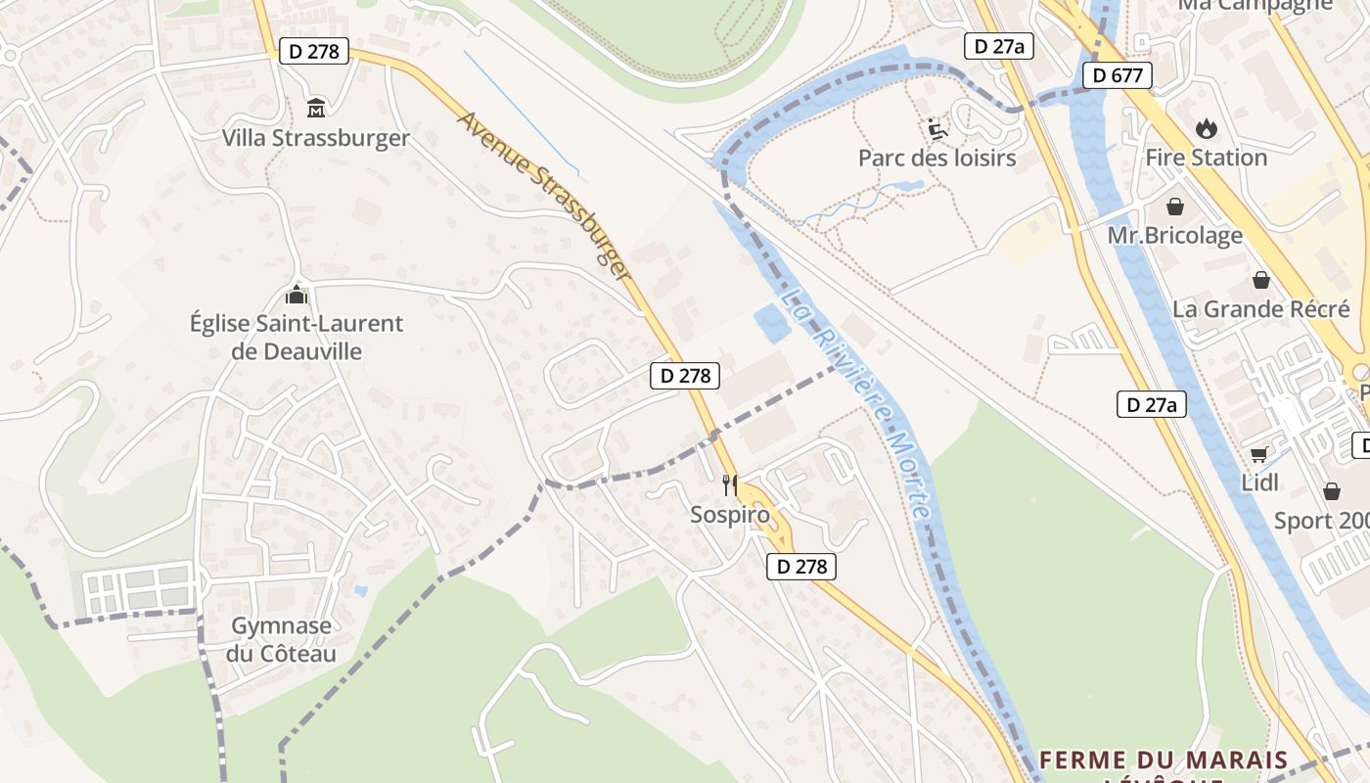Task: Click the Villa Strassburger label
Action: pos(315,138)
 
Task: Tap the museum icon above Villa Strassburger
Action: pos(316,108)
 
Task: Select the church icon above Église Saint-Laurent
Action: pos(296,294)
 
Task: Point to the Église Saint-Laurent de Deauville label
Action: pos(296,337)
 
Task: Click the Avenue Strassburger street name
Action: pos(544,196)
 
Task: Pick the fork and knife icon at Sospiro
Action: pos(729,484)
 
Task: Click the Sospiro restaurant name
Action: pos(729,514)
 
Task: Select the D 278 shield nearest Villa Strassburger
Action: pos(314,51)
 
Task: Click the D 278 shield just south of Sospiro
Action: pos(801,566)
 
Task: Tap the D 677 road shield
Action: pos(1117,75)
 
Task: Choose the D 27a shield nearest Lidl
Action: pos(1151,404)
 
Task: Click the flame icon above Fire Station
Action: pos(1206,128)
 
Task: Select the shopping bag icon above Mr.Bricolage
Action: pos(1174,207)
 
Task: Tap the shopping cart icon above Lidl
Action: pos(1259,454)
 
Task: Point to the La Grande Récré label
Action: pos(1260,309)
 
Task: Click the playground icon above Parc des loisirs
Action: pos(936,128)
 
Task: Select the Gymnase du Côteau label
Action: pos(282,639)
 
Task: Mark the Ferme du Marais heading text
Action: pos(1163,760)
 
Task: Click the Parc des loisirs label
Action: pos(936,158)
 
